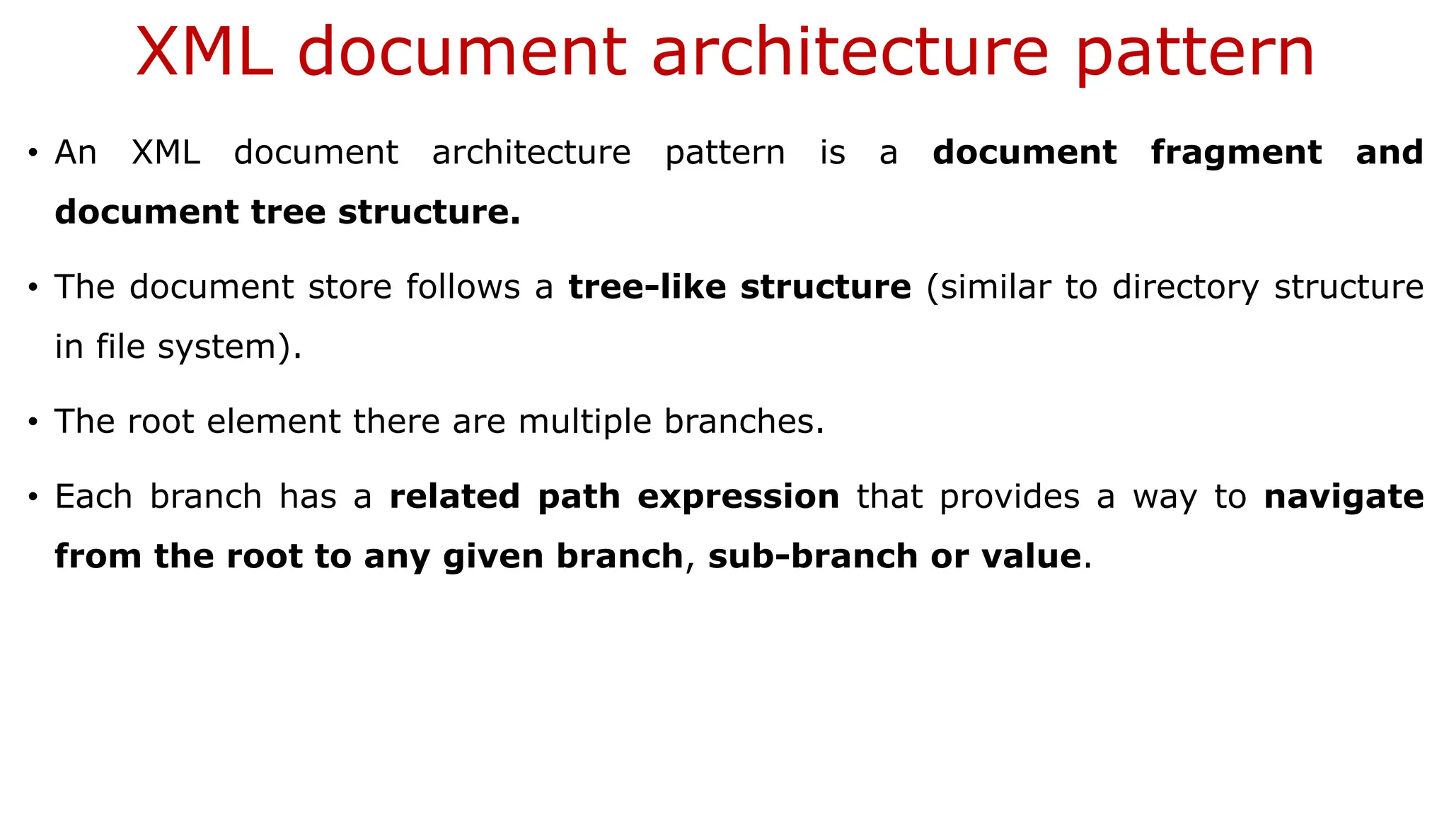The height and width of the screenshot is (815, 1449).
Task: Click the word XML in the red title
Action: (204, 52)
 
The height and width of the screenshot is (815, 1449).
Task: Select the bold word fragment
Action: (1236, 153)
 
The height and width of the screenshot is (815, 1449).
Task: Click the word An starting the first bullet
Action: (76, 153)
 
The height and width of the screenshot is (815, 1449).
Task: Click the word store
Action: (350, 287)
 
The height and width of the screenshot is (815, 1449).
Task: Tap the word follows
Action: (463, 287)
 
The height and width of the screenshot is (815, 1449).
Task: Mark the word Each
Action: (93, 497)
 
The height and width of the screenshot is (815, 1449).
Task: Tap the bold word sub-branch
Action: (812, 556)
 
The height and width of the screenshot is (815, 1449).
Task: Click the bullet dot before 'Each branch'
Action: (33, 498)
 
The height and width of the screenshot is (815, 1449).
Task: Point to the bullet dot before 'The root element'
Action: (33, 423)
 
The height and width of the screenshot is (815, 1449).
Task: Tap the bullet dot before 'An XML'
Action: (33, 154)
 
